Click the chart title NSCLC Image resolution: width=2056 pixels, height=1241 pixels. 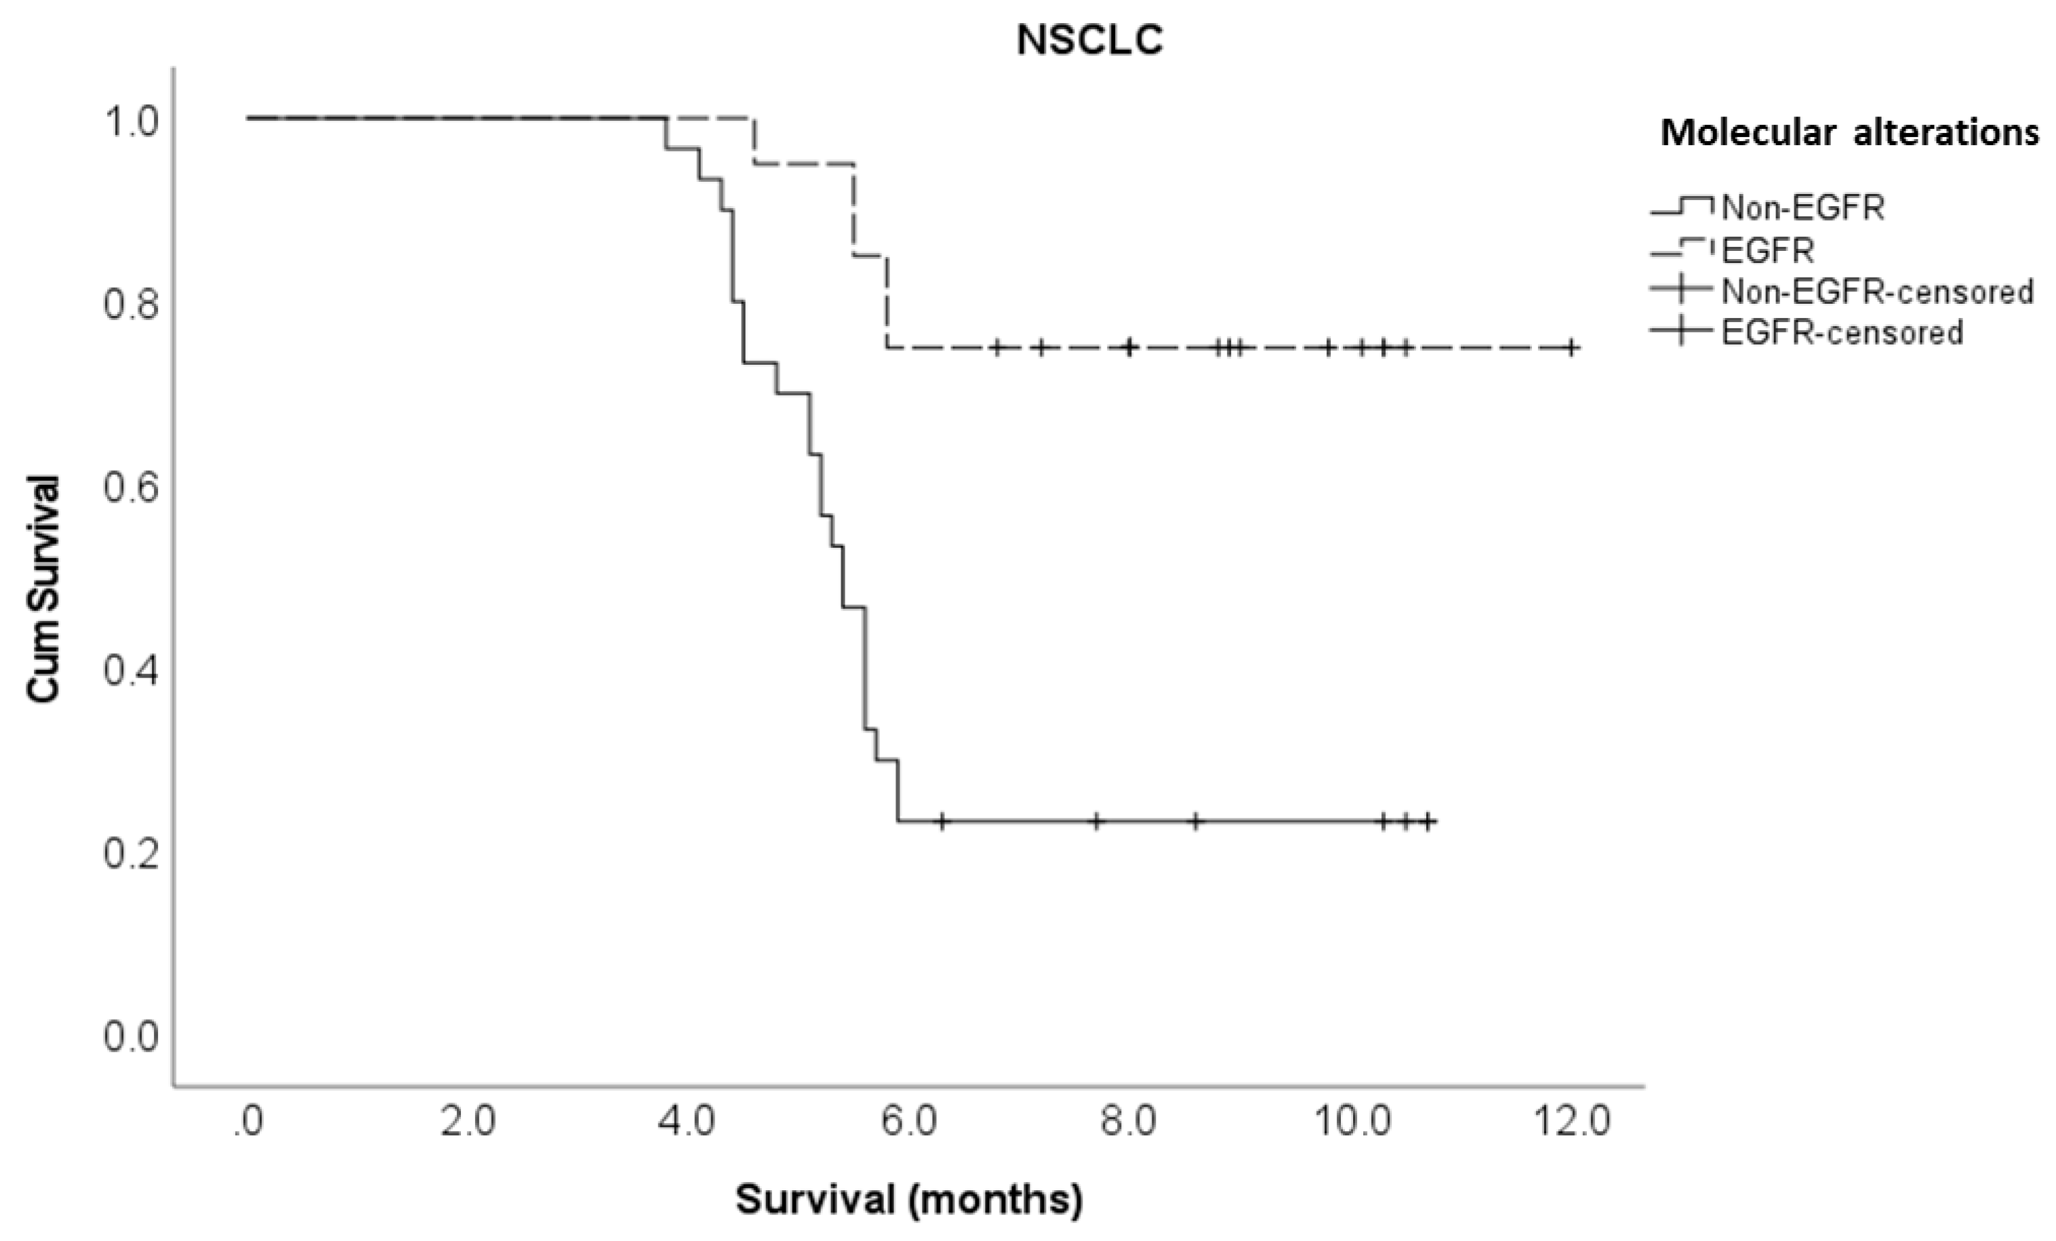pyautogui.click(x=1090, y=41)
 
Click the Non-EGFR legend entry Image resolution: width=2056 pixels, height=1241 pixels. pyautogui.click(x=1802, y=207)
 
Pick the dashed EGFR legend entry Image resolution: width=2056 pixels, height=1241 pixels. pyautogui.click(x=1767, y=250)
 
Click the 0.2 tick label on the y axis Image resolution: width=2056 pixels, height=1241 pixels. pyautogui.click(x=131, y=854)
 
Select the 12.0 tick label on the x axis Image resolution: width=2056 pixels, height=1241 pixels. pyautogui.click(x=1572, y=1122)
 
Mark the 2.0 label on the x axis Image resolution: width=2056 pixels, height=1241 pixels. pyautogui.click(x=468, y=1122)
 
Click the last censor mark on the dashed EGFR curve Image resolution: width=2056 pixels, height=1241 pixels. pyautogui.click(x=1571, y=347)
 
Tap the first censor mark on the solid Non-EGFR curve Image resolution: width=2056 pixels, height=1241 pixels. pyautogui.click(x=942, y=821)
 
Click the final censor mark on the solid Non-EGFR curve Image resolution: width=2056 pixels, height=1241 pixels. pyautogui.click(x=1428, y=821)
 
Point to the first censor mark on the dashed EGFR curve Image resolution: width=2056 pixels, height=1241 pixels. pyautogui.click(x=996, y=347)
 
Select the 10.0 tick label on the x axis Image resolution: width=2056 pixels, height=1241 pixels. pyautogui.click(x=1352, y=1122)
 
